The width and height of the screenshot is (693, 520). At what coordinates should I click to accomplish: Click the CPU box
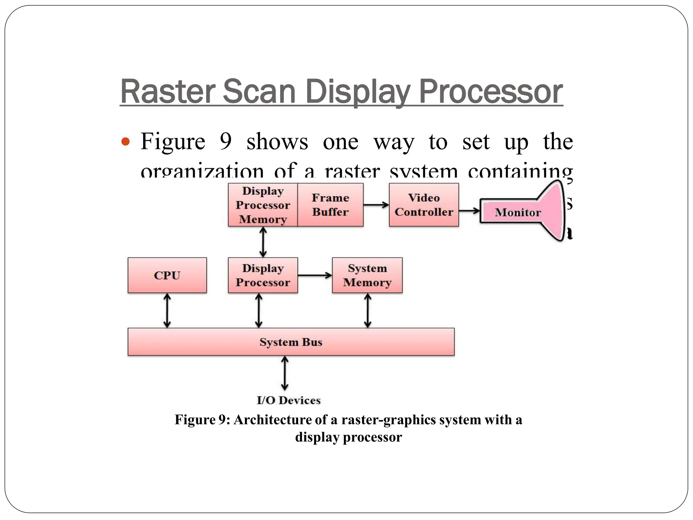coord(167,275)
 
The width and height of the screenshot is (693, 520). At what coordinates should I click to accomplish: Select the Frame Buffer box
coord(330,205)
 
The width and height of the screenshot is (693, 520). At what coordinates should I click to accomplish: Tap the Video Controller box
coord(424,205)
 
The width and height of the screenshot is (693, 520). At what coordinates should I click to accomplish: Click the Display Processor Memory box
coord(263,205)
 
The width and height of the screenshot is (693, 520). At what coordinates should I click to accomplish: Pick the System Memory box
coord(367,275)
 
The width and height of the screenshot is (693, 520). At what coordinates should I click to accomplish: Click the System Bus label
coord(291,342)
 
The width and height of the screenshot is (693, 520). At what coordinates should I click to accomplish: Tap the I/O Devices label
coord(288,400)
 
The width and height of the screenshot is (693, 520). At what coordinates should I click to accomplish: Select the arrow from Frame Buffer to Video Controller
coord(376,205)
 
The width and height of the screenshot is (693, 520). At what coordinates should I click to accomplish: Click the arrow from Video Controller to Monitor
coord(469,211)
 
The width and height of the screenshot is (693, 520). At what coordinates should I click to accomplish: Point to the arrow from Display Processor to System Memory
coord(315,275)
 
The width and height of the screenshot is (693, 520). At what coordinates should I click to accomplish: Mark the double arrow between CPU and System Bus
coord(167,310)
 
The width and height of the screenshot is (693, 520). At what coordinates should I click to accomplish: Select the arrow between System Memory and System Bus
coord(367,310)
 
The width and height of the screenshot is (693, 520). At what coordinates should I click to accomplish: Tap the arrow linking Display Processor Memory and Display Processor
coord(263,242)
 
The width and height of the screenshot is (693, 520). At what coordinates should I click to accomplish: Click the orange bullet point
coord(125,142)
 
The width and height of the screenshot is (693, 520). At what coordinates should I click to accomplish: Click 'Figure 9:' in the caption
coord(202,420)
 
